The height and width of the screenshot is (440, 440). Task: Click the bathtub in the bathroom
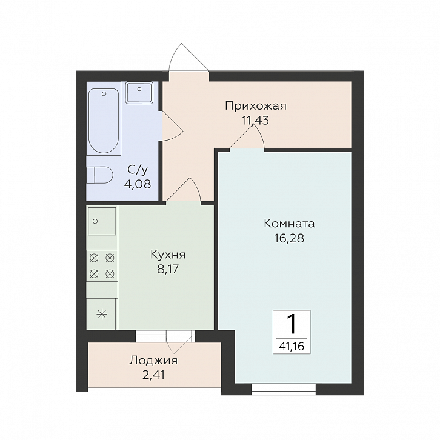coord(104,121)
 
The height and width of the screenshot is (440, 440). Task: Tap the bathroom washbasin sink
coord(139,92)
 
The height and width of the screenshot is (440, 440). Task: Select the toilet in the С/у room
coord(99,175)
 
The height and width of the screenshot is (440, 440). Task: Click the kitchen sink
coord(102,221)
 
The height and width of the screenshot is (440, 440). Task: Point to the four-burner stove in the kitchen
coord(102,265)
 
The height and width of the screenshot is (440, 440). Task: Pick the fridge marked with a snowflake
coord(102,314)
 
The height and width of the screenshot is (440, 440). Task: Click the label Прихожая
coord(256,106)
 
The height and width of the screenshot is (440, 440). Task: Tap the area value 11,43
coord(256,121)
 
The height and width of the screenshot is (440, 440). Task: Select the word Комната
coord(289,224)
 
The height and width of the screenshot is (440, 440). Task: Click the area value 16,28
coord(289,238)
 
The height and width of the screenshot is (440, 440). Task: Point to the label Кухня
coord(168,255)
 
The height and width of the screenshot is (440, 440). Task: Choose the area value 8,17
coord(168,269)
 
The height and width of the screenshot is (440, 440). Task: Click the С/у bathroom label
coord(138,170)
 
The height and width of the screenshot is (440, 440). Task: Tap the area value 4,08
coord(138,184)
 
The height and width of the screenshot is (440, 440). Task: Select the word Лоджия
coord(153,361)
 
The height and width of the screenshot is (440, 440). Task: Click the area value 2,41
coord(153,375)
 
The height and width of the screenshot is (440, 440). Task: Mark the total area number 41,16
coord(292,347)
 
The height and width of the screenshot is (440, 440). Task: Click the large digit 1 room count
coord(292,324)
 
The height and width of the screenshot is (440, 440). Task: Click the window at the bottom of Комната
coord(284,389)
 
